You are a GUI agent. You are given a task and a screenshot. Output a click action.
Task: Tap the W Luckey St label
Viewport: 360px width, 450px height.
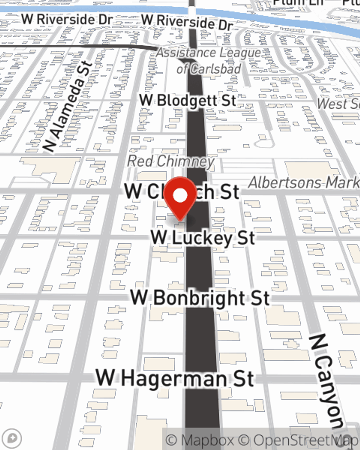coord(203,238)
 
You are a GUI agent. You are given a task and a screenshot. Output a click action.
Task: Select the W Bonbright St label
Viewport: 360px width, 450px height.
coord(200,298)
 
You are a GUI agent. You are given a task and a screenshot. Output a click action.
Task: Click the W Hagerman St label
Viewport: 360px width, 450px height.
coord(175,379)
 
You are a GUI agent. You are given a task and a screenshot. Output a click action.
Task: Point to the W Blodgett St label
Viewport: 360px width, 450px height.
coord(188,100)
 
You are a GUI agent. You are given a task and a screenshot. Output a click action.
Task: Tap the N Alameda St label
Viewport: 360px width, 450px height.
coord(68,107)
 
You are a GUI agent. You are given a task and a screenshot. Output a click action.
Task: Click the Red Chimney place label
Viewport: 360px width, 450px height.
coord(171,161)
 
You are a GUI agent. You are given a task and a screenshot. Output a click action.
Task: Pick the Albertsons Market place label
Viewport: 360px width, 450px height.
coord(303,183)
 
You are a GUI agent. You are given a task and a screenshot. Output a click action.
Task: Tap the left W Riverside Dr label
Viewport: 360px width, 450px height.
coord(67,19)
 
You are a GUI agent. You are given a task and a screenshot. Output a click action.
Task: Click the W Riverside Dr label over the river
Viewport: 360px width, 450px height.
coord(187,22)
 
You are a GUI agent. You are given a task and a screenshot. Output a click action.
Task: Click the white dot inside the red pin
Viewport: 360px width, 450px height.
coord(180,195)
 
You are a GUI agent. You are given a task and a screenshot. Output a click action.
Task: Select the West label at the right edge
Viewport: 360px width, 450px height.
coord(338,104)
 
